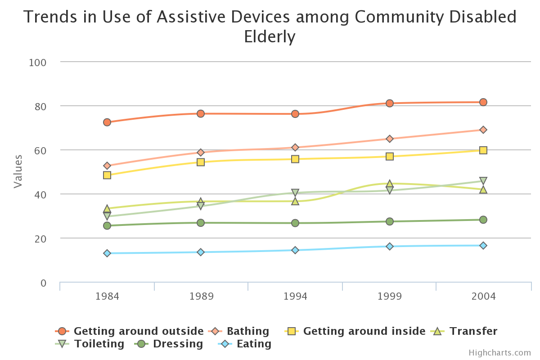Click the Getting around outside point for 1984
pyautogui.click(x=107, y=122)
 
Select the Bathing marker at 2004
pyautogui.click(x=483, y=130)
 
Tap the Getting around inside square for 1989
pyautogui.click(x=201, y=162)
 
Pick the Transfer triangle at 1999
pyautogui.click(x=390, y=184)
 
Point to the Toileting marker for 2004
pyautogui.click(x=483, y=181)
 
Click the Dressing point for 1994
pyautogui.click(x=295, y=223)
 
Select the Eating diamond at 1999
pyautogui.click(x=390, y=246)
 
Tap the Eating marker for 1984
pyautogui.click(x=107, y=253)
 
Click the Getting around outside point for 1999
pyautogui.click(x=390, y=103)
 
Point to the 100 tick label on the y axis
pyautogui.click(x=37, y=62)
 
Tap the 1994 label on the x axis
pyautogui.click(x=295, y=296)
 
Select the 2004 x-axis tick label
pyautogui.click(x=483, y=296)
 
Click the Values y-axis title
pyautogui.click(x=18, y=171)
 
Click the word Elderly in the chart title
pyautogui.click(x=270, y=36)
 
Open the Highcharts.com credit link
pyautogui.click(x=499, y=353)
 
